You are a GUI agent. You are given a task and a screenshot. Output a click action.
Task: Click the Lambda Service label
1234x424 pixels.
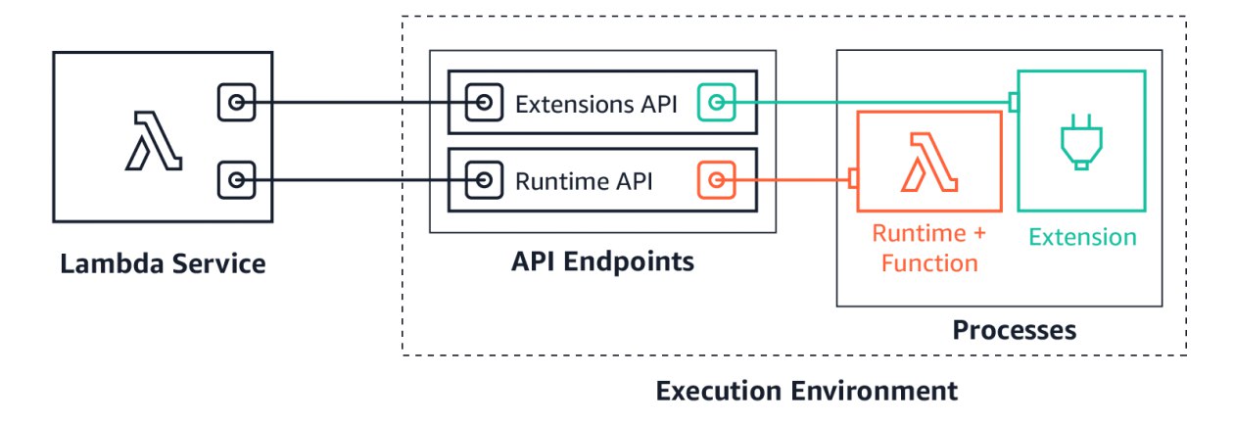click(x=163, y=263)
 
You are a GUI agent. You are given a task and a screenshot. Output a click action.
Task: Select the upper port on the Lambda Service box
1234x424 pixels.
click(x=236, y=103)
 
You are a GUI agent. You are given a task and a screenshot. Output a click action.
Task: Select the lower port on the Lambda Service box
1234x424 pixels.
click(x=236, y=180)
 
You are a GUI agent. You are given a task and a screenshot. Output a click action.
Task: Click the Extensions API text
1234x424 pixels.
click(x=596, y=104)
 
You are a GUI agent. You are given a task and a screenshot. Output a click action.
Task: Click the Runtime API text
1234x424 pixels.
click(x=584, y=181)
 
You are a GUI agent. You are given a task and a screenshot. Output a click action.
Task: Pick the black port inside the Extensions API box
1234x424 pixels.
click(x=484, y=103)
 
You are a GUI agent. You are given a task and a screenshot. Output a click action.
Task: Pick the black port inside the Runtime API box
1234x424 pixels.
click(x=484, y=180)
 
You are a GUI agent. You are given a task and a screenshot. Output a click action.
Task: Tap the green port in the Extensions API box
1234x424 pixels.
click(x=716, y=103)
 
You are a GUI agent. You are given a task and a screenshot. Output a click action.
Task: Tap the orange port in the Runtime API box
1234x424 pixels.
click(x=716, y=180)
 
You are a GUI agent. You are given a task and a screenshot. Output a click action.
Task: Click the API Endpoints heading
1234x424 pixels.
click(x=602, y=261)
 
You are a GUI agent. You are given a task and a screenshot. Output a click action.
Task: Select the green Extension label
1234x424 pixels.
click(x=1082, y=237)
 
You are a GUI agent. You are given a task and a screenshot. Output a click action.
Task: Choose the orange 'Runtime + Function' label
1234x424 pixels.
click(x=929, y=249)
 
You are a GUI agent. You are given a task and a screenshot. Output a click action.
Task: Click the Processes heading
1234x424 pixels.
click(x=1015, y=330)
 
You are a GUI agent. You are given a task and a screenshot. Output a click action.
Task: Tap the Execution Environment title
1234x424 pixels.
click(x=807, y=391)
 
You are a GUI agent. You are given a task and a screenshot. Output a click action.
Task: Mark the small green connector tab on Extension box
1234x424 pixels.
click(x=1013, y=103)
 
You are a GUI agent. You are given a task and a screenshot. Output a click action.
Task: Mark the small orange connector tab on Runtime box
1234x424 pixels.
click(x=853, y=178)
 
